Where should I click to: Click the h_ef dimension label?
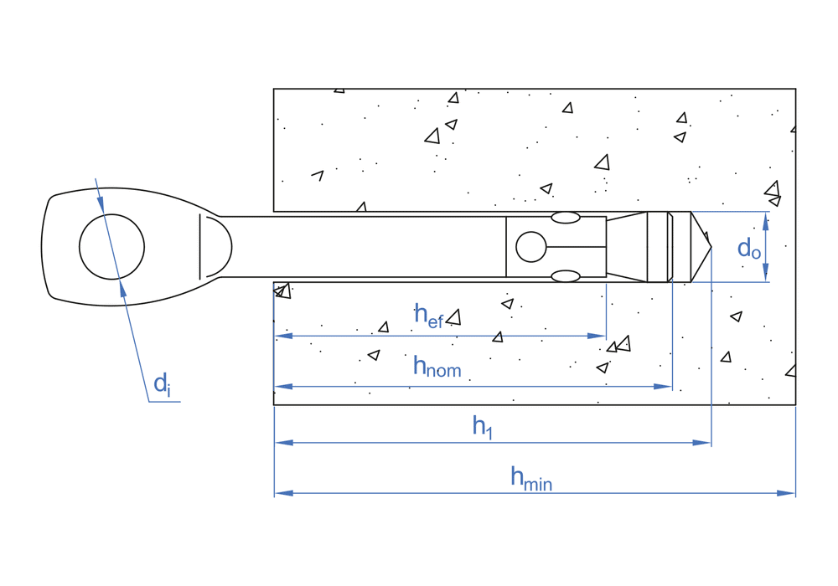[x=428, y=316]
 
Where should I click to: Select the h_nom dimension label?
[x=437, y=368]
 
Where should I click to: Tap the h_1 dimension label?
[x=482, y=427]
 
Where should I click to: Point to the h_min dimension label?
[x=531, y=478]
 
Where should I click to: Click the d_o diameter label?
[x=748, y=249]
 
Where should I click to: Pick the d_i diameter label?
[x=162, y=385]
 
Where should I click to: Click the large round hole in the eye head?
[x=111, y=247]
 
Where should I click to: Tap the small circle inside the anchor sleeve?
[x=531, y=247]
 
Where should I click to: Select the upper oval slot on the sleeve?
[x=566, y=218]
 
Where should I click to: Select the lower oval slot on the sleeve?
[x=566, y=276]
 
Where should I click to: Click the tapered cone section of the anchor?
[x=626, y=247]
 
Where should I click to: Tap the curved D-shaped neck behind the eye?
[x=215, y=247]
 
